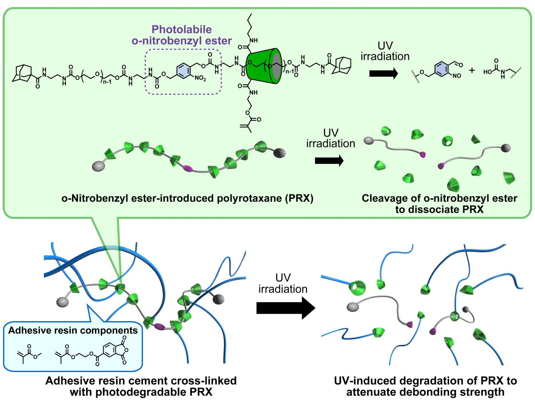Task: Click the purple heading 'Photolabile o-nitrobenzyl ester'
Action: (x=182, y=35)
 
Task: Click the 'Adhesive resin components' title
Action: (x=73, y=331)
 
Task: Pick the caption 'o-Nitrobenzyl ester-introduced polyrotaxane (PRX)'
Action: (x=187, y=198)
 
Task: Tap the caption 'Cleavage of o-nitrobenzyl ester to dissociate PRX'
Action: (x=439, y=204)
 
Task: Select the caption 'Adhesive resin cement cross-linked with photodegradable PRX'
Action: (x=141, y=386)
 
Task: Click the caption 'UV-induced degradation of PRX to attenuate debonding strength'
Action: (x=425, y=386)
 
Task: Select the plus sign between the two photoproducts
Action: (x=472, y=70)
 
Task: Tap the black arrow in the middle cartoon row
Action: (x=329, y=161)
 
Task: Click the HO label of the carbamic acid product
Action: (x=488, y=72)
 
